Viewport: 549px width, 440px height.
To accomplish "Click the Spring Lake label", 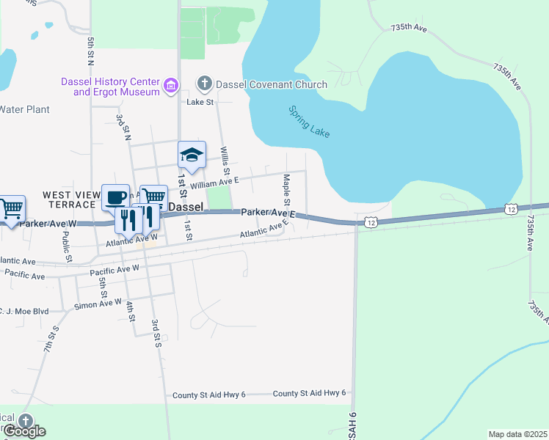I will pyautogui.click(x=309, y=122).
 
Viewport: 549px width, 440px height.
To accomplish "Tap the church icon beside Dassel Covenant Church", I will pyautogui.click(x=204, y=84).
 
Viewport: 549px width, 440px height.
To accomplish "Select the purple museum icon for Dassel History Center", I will pyautogui.click(x=171, y=87).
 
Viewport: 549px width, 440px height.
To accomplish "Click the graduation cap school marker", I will pyautogui.click(x=191, y=155).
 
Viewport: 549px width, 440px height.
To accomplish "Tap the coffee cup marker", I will pyautogui.click(x=115, y=197).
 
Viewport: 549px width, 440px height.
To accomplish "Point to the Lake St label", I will pyautogui.click(x=200, y=103).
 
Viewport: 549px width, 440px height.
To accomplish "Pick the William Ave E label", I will pyautogui.click(x=215, y=183).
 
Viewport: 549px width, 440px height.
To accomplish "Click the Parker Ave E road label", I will pyautogui.click(x=268, y=213).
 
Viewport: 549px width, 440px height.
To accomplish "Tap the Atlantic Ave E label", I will pyautogui.click(x=263, y=231).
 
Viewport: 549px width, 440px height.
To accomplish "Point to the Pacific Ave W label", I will pyautogui.click(x=114, y=268).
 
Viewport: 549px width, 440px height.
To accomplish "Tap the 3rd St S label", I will pyautogui.click(x=156, y=332).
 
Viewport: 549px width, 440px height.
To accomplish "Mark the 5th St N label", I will pyautogui.click(x=91, y=48).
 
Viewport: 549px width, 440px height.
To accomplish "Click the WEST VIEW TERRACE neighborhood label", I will pyautogui.click(x=71, y=199).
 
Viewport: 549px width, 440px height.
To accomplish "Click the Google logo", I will pyautogui.click(x=23, y=431).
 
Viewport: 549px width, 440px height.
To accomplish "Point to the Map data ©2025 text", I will pyautogui.click(x=517, y=434).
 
